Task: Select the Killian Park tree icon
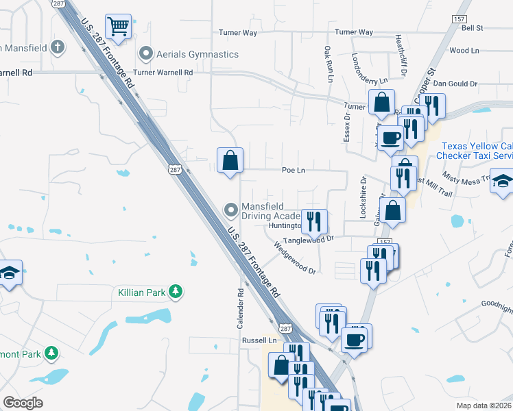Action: coord(176,292)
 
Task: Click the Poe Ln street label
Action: coord(293,171)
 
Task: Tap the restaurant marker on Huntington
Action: coord(313,221)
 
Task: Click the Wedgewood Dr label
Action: coord(295,260)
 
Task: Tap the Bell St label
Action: coord(473,28)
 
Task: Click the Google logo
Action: coord(23,403)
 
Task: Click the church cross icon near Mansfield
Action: coord(58,48)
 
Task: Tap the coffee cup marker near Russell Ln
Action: coord(355,338)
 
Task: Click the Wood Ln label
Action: coord(464,51)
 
